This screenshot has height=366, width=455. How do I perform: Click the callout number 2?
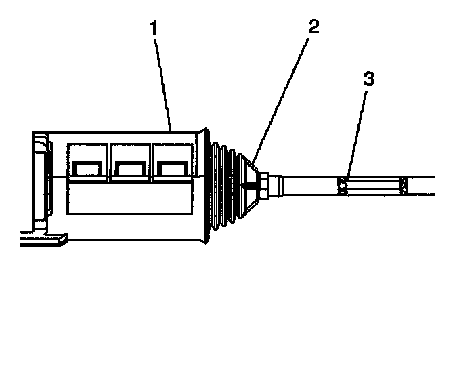pos(313,28)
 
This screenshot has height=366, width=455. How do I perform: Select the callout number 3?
pos(369,79)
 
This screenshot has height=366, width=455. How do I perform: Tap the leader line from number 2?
pos(284,95)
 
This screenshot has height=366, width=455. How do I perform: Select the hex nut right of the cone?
pos(266,184)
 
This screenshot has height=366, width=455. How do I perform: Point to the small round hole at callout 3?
pos(343,184)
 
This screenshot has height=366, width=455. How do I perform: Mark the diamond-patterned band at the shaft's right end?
pos(405,184)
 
